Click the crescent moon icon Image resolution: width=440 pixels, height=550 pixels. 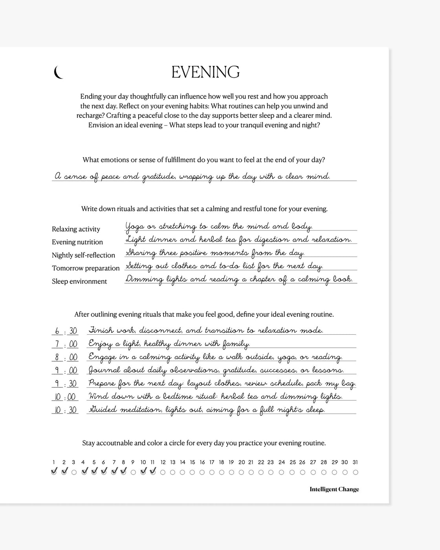[x=59, y=72]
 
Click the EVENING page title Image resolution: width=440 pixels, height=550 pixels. [x=205, y=72]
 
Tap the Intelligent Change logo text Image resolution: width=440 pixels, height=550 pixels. [x=334, y=489]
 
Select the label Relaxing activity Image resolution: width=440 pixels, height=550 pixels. [x=76, y=229]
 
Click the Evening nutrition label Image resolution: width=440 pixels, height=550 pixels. [x=77, y=242]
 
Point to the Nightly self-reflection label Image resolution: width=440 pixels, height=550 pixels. [x=83, y=255]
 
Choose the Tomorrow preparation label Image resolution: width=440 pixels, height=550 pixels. [x=86, y=268]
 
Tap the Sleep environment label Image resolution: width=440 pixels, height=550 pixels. [x=79, y=281]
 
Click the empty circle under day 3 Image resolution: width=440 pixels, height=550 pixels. [x=74, y=472]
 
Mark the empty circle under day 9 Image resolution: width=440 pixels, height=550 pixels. [x=133, y=472]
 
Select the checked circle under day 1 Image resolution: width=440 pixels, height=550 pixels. [x=54, y=472]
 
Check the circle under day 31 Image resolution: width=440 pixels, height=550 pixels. [x=356, y=472]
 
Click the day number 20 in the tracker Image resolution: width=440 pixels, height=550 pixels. [x=242, y=462]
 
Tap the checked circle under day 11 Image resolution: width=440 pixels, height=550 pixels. [x=153, y=472]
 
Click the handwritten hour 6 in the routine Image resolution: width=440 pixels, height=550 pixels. [x=57, y=331]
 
